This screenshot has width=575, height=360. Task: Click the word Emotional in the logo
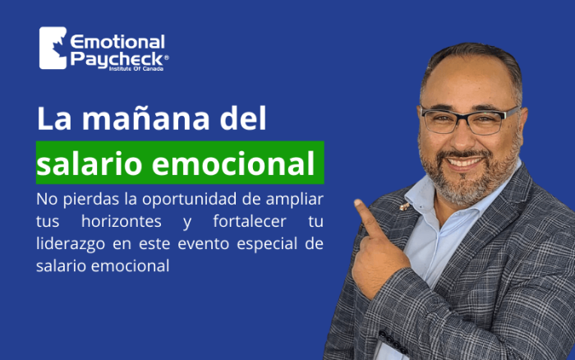[x=117, y=42]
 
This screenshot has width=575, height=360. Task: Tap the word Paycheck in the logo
[x=117, y=59]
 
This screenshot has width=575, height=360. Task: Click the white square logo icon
[x=53, y=48]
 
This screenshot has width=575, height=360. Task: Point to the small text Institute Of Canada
[x=136, y=68]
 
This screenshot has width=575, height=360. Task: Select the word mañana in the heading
[x=145, y=118]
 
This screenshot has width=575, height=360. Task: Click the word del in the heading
[x=243, y=118]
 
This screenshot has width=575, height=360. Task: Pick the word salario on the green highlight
[x=89, y=164]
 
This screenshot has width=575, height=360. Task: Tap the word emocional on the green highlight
[x=233, y=164]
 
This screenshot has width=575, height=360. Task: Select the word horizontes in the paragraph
[x=122, y=221]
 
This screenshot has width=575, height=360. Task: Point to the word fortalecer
[x=250, y=221]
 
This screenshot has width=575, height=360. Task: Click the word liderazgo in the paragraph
[x=71, y=244]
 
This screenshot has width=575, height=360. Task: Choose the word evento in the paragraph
[x=204, y=243]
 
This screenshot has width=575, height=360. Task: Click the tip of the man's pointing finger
[x=356, y=202]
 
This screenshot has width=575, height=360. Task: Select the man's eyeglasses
[x=470, y=120]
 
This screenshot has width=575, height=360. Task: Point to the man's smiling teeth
[x=465, y=161]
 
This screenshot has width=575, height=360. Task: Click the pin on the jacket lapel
[x=404, y=206]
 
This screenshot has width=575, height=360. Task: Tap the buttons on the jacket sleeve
[x=393, y=341]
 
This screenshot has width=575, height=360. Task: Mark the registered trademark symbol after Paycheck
[x=167, y=58]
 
